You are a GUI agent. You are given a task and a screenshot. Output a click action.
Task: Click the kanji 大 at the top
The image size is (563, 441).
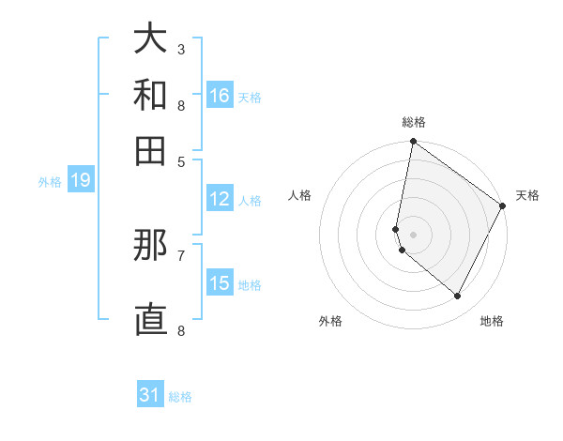pos(150,39)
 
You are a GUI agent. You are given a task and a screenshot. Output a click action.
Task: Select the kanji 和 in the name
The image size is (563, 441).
pos(150,96)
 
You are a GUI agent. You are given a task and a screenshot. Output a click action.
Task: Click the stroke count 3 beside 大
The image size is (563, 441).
pos(180,49)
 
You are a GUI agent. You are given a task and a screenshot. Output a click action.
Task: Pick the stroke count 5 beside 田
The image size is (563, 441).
pos(180,160)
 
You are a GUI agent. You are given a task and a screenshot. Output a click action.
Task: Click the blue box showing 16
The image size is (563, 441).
pos(220,96)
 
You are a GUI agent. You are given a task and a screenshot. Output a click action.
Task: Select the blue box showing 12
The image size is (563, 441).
pos(220,199)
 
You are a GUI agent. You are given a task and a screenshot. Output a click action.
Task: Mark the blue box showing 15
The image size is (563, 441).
pos(220,284)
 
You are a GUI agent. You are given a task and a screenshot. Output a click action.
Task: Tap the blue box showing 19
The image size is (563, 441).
pos(80,181)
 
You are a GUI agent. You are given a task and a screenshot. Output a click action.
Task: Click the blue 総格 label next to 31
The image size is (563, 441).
pos(180,397)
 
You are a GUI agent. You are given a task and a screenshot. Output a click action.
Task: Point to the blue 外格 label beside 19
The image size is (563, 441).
pos(50,182)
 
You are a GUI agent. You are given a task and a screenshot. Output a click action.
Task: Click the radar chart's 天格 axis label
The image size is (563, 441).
pos(527,195)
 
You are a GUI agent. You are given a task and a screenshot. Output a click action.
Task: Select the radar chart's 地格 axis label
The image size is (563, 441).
pos(492,321)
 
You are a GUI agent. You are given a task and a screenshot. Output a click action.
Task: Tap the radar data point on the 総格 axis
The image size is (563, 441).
pos(413,142)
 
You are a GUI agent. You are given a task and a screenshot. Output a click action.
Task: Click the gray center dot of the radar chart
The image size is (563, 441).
pos(413,234)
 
